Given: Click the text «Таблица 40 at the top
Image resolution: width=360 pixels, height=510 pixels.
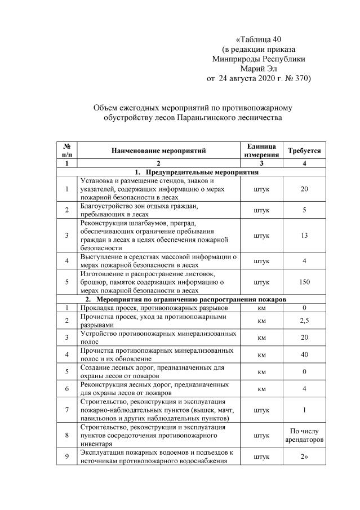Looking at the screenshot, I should tap(258, 39).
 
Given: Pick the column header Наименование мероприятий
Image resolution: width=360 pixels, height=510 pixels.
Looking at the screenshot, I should tap(158, 150).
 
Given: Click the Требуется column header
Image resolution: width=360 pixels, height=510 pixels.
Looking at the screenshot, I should tap(304, 150).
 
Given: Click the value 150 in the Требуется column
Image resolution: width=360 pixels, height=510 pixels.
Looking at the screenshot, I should tap(304, 282).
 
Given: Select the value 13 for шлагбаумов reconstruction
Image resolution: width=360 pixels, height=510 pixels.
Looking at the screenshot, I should tap(304, 236).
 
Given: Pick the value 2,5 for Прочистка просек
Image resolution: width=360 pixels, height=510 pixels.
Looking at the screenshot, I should tap(304, 321).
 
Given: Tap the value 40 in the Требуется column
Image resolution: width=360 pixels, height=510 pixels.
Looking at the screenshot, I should tap(304, 354).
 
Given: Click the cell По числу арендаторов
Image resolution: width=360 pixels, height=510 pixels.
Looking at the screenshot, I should tap(304, 435).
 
